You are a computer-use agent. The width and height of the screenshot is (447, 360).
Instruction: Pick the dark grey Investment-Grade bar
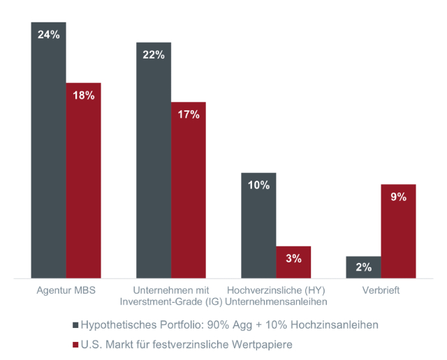154,160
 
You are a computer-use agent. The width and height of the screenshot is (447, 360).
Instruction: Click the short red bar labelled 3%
293,262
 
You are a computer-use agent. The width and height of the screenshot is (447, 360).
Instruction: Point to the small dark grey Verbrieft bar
363,267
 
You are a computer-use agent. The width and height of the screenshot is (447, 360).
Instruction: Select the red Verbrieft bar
398,231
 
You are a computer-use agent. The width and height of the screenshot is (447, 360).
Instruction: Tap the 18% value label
84,96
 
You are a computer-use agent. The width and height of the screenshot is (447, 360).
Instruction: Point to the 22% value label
154,55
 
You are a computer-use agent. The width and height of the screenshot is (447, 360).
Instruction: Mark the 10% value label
258,185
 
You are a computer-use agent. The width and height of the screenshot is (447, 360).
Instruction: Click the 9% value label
398,197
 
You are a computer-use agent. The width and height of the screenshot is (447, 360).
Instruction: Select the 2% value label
363,267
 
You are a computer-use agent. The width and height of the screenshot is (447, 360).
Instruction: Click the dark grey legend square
75,325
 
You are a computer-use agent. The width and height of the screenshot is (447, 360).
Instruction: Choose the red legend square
75,344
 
